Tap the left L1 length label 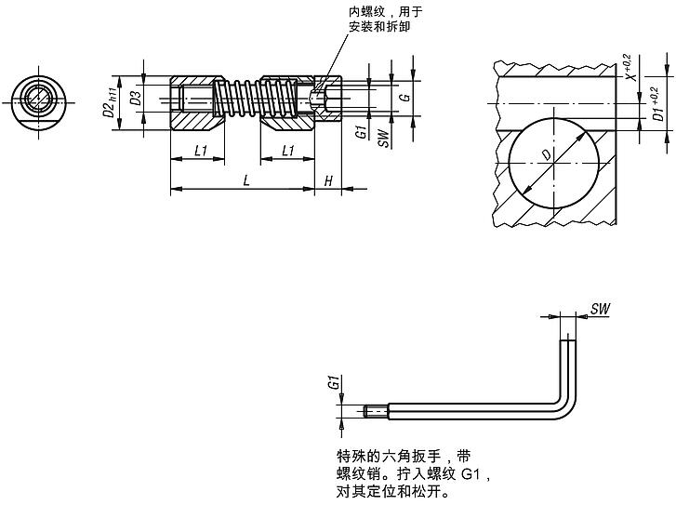click(199, 150)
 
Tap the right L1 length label click(287, 150)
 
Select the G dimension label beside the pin click(403, 97)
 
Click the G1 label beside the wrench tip click(332, 383)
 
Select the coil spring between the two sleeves click(244, 99)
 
